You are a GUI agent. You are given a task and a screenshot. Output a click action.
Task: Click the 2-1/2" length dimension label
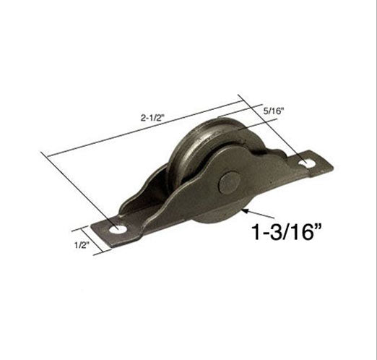pyautogui.click(x=152, y=118)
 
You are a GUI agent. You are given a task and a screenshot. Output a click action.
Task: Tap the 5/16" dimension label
pyautogui.click(x=274, y=111)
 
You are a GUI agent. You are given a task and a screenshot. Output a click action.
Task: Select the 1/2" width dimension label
pyautogui.click(x=82, y=245)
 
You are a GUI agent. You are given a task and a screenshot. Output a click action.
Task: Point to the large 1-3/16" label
pyautogui.click(x=283, y=231)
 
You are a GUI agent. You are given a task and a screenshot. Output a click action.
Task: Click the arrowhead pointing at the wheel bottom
pyautogui.click(x=245, y=211)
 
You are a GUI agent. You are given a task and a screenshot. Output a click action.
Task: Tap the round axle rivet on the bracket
pyautogui.click(x=230, y=182)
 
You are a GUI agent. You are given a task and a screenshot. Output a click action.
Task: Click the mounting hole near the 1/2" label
pyautogui.click(x=118, y=230)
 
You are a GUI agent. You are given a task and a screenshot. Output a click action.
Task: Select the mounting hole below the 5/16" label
pyautogui.click(x=307, y=163)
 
